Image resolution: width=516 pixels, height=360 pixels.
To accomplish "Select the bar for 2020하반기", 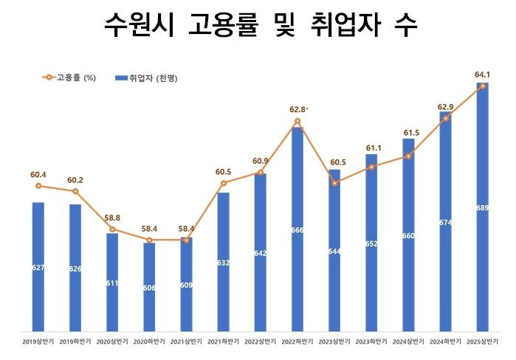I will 149,288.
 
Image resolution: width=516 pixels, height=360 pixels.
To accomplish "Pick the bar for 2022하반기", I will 297,229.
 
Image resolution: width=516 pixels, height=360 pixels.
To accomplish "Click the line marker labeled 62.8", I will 297,121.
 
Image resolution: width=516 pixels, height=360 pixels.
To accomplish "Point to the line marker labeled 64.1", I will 483,86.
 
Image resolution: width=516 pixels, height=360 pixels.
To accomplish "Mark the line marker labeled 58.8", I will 112,229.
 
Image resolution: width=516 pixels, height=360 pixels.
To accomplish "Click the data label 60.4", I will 38,175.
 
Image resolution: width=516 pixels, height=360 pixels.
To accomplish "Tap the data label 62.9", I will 445,108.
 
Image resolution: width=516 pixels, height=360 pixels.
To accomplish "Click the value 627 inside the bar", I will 38,268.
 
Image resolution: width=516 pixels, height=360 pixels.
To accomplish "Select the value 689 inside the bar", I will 483,208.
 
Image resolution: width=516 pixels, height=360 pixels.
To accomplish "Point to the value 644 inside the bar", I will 334,252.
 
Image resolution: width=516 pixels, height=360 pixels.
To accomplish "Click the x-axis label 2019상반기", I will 38,342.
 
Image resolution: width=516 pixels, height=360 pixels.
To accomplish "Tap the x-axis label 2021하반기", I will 224,342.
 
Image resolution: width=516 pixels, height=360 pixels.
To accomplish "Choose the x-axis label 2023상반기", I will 334,342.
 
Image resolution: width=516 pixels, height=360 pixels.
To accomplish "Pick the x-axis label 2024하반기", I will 445,342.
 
